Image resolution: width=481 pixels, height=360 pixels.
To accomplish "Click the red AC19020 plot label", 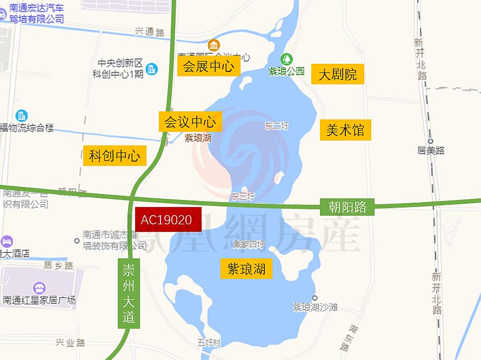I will pyautogui.click(x=168, y=219).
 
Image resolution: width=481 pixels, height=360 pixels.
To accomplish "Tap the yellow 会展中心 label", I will pyautogui.click(x=208, y=66).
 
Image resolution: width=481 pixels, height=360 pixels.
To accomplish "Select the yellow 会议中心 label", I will pyautogui.click(x=190, y=122).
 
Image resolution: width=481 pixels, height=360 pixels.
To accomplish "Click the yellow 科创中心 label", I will pyautogui.click(x=115, y=156).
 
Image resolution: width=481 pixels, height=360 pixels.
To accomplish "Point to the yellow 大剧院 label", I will pyautogui.click(x=338, y=74).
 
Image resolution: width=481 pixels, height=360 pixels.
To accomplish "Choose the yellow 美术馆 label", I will pyautogui.click(x=345, y=130).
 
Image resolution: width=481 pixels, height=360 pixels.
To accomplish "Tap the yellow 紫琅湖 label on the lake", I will pyautogui.click(x=246, y=269).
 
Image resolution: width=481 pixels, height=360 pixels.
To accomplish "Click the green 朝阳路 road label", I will pyautogui.click(x=347, y=206).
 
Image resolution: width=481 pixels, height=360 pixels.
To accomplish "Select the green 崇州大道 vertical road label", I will pyautogui.click(x=129, y=294).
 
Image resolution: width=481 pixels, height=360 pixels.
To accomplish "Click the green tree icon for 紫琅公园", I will pyautogui.click(x=287, y=58).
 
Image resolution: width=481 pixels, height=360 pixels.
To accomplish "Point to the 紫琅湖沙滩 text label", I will pyautogui.click(x=315, y=306).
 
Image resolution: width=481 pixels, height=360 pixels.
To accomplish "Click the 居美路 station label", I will pyautogui.click(x=431, y=150).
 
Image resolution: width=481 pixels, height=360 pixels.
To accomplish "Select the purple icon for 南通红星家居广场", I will pyautogui.click(x=39, y=288).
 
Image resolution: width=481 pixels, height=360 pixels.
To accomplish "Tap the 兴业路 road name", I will pyautogui.click(x=70, y=343).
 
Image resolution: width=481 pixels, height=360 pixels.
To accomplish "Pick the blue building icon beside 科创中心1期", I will pyautogui.click(x=152, y=69).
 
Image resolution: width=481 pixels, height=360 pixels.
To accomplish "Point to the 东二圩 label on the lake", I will pyautogui.click(x=277, y=126).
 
